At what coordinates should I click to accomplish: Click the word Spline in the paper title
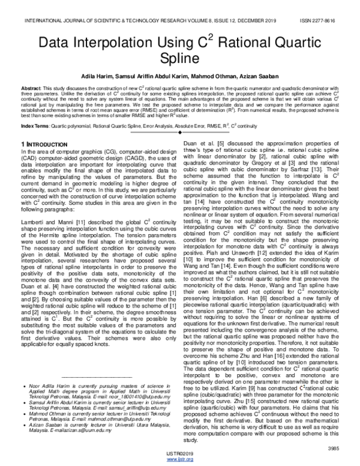179,60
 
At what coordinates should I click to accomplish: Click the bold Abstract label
31,88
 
